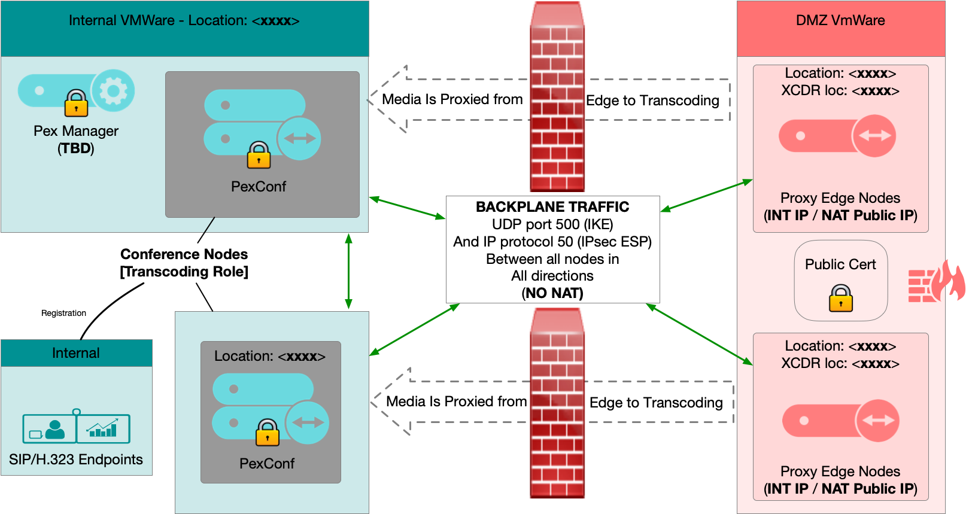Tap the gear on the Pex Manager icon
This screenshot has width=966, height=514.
coord(113,91)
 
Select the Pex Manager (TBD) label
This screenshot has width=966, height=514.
coord(76,139)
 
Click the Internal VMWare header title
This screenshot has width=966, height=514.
coord(184,20)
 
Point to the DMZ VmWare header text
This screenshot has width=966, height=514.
coord(840,20)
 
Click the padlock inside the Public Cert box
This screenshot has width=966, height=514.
coord(840,297)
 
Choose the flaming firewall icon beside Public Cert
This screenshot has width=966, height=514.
coord(936,281)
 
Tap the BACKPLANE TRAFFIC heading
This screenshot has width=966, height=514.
coord(552,207)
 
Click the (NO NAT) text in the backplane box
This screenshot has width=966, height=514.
coord(552,293)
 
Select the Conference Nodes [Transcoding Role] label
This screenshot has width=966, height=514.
coord(184,263)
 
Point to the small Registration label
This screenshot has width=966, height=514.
coord(63,313)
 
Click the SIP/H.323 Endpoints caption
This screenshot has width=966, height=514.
coord(76,460)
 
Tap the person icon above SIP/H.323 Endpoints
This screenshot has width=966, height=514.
coord(54,429)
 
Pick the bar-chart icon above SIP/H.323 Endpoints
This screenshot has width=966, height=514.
coord(102,429)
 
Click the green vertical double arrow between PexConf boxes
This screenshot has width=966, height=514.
coord(348,271)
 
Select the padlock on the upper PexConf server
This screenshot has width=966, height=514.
coord(259,155)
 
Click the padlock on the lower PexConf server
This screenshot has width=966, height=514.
coord(268,433)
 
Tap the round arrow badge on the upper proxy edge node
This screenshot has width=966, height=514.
coord(874,136)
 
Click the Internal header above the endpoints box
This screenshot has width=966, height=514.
coord(76,353)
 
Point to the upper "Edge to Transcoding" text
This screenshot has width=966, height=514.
coord(652,101)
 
